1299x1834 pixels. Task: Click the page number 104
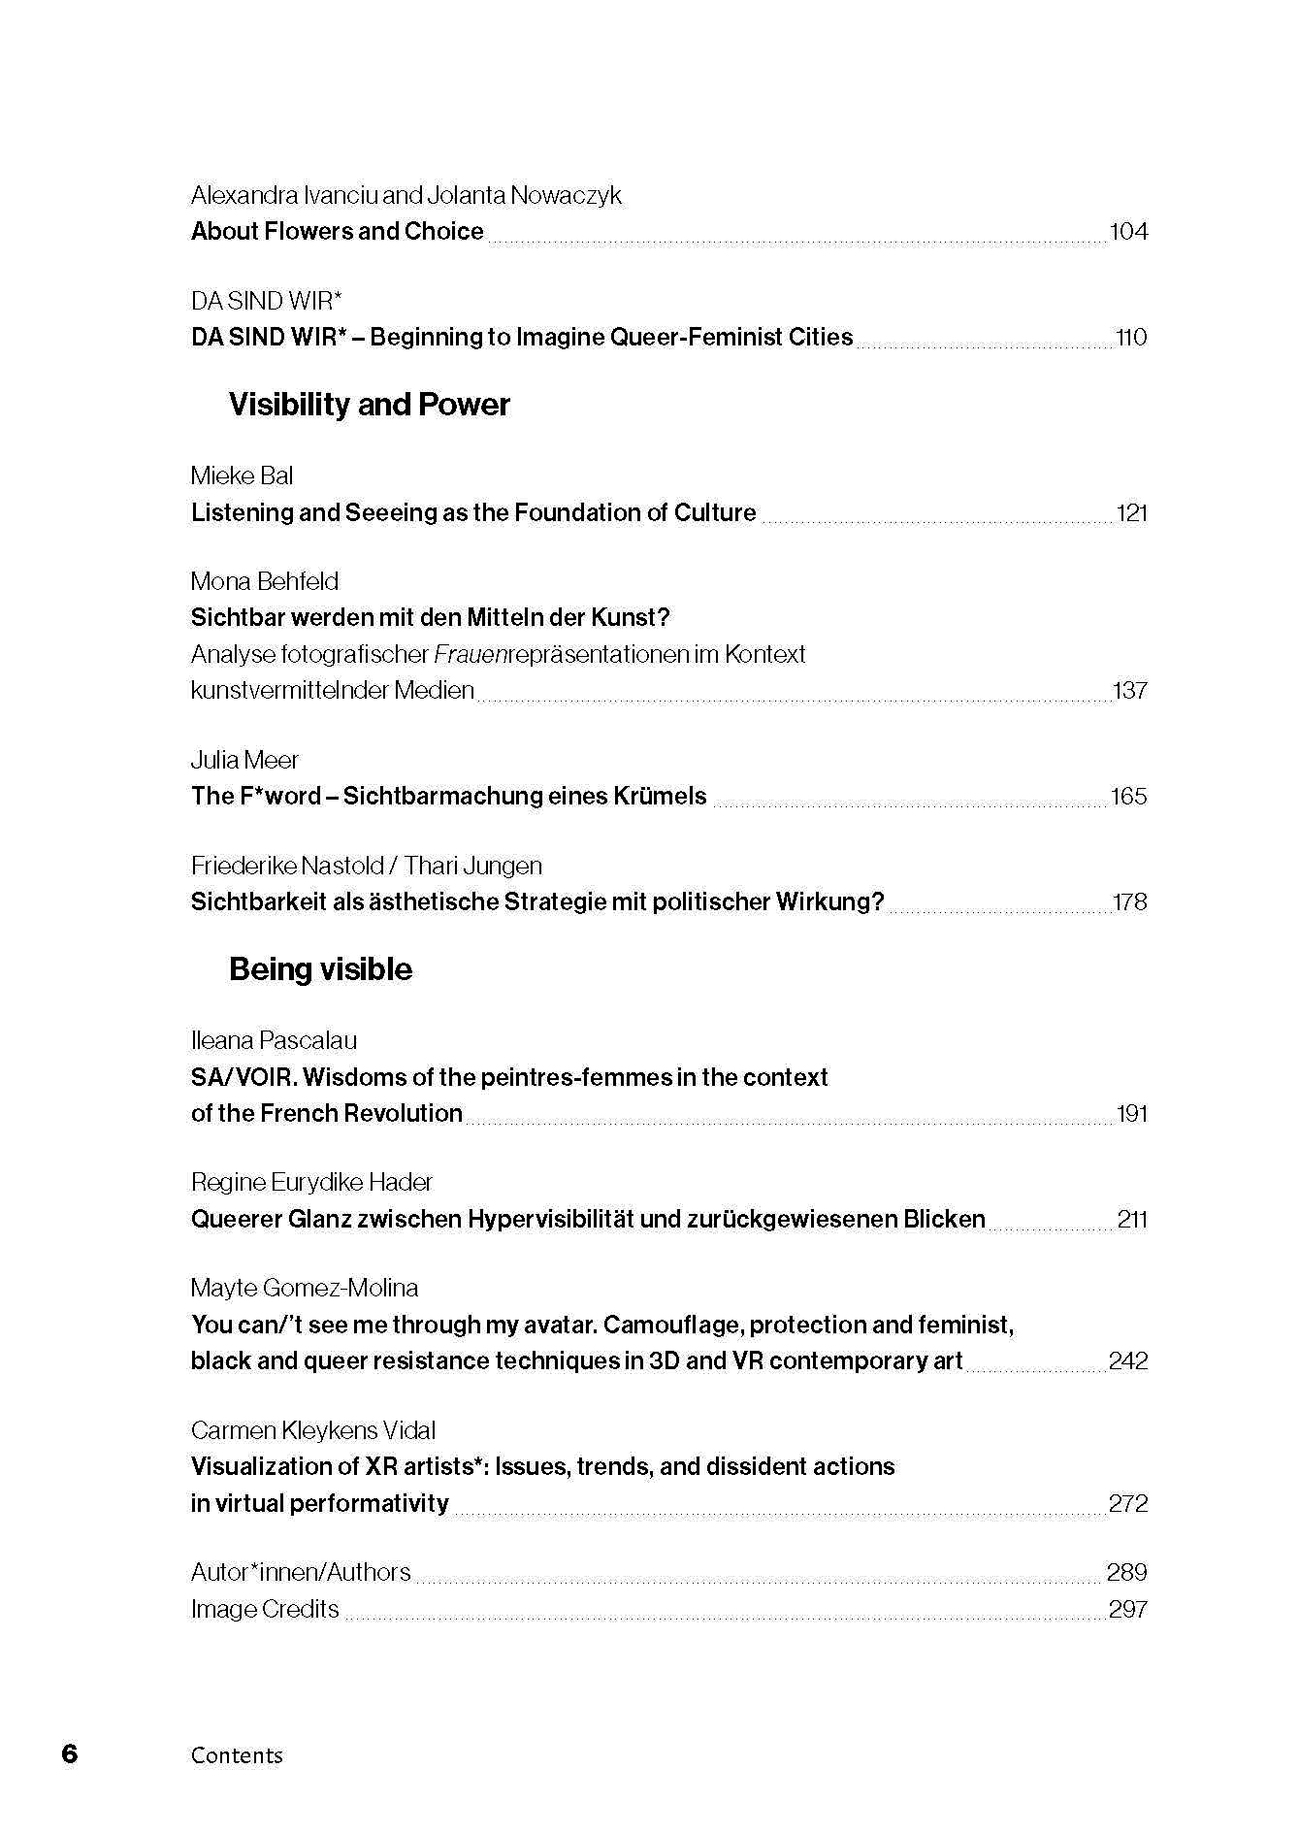click(1128, 232)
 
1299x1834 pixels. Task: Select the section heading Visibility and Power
click(369, 405)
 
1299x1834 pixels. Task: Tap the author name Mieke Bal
click(242, 475)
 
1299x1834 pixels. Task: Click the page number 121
click(1131, 513)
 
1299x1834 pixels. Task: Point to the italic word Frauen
click(470, 655)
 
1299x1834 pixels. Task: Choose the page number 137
click(1130, 691)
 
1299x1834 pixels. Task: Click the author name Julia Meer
click(244, 760)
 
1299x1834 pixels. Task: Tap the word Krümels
click(660, 797)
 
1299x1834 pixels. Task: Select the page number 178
click(1130, 902)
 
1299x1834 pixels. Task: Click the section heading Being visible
click(320, 969)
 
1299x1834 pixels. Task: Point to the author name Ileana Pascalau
click(274, 1041)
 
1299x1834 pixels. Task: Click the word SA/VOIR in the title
click(242, 1078)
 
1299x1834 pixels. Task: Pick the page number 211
click(1132, 1220)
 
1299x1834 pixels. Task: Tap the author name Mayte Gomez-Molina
click(305, 1289)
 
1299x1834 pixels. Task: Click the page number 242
click(1128, 1361)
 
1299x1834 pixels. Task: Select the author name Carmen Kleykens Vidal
click(313, 1430)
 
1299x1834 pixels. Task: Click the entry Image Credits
click(265, 1609)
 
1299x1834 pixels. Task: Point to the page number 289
click(1127, 1572)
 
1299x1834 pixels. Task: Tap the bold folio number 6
click(69, 1754)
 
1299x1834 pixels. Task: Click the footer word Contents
click(237, 1755)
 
